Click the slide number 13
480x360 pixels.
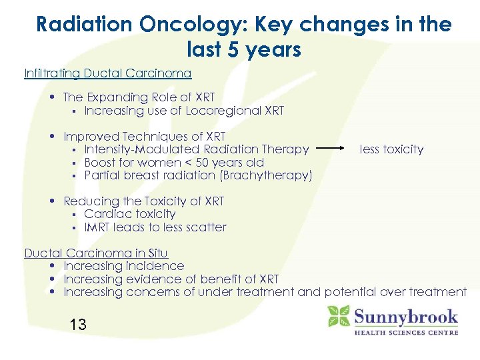(x=78, y=325)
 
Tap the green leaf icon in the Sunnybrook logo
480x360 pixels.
(x=339, y=315)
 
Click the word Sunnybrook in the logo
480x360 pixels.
(x=405, y=315)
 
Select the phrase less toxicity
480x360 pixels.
(x=391, y=149)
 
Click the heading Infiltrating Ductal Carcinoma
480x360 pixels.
(x=108, y=73)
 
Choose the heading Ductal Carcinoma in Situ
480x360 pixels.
(x=96, y=253)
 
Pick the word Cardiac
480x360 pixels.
(x=105, y=214)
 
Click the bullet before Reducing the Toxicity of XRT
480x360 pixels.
(x=52, y=201)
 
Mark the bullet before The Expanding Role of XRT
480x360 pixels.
(x=52, y=98)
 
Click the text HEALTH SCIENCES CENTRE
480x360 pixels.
(x=406, y=331)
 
